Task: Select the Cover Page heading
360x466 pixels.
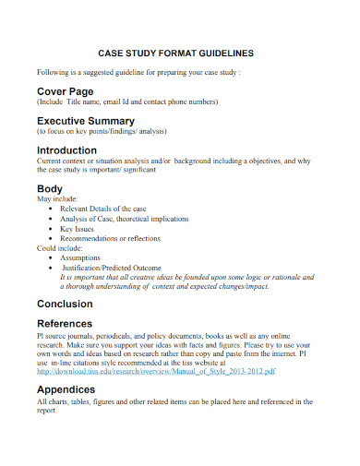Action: [66, 91]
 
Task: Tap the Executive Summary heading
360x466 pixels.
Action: [86, 121]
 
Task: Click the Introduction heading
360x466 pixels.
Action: [66, 149]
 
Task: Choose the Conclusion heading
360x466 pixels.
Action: [65, 304]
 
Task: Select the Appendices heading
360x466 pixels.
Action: [66, 390]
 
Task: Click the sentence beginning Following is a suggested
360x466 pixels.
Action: [138, 71]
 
